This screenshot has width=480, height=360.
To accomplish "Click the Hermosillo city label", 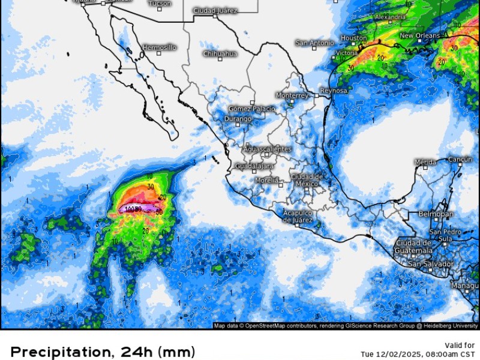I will click(160, 47).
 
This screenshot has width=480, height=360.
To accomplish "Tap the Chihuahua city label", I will click(220, 54).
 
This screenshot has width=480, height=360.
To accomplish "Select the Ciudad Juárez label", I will click(215, 11).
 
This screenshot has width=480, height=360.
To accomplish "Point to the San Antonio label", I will click(314, 43).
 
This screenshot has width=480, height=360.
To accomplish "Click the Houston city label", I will click(353, 38).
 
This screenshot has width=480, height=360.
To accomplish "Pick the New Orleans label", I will click(419, 36).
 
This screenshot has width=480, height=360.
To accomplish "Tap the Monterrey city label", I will click(292, 95).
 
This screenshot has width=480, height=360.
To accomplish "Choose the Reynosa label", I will click(334, 91).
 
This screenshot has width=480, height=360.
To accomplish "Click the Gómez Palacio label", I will click(252, 109).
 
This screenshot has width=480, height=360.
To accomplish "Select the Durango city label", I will click(237, 119).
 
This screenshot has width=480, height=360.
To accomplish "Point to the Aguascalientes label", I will click(268, 149).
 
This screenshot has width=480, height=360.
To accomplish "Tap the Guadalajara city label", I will click(254, 166).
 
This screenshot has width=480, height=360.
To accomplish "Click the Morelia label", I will click(266, 180).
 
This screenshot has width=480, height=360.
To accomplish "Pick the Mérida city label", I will click(425, 162).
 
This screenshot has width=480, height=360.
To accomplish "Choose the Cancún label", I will click(460, 159).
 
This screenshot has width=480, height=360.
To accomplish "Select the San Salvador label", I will click(430, 264).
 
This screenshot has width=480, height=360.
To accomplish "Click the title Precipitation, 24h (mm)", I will click(103, 352).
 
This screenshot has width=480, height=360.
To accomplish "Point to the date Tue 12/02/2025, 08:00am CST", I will click(418, 354).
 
